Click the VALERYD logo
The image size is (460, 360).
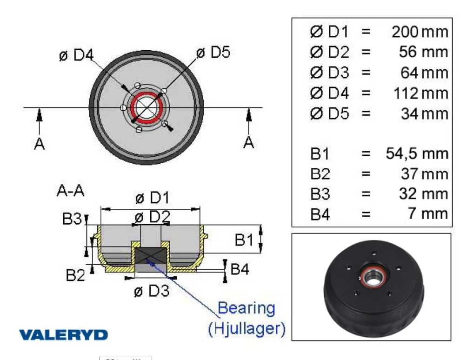[63, 334]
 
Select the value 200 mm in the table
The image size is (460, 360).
[420, 32]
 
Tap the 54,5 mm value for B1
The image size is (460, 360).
[417, 153]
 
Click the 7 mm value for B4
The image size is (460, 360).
[434, 213]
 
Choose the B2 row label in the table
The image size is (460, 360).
[320, 174]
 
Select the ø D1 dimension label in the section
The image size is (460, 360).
[152, 199]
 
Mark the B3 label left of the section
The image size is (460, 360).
[72, 219]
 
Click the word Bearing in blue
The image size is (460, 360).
[247, 308]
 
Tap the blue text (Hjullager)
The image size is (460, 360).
[246, 329]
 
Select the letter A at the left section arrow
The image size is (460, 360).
[40, 144]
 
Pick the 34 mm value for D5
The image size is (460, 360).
[424, 113]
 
